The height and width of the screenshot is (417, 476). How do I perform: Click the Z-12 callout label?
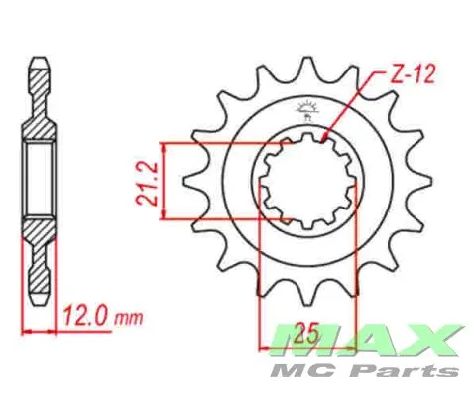(x=412, y=75)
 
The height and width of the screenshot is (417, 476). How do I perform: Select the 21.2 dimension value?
(x=147, y=185)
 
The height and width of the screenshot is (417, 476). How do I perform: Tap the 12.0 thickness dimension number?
(x=85, y=315)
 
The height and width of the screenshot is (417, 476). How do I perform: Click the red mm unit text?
(x=129, y=319)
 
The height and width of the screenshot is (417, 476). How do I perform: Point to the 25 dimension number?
(x=307, y=333)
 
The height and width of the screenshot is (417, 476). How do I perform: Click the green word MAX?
(x=367, y=341)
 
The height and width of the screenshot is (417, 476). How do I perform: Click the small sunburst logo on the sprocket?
(x=307, y=110)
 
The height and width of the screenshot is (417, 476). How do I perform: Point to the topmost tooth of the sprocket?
(x=307, y=67)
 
